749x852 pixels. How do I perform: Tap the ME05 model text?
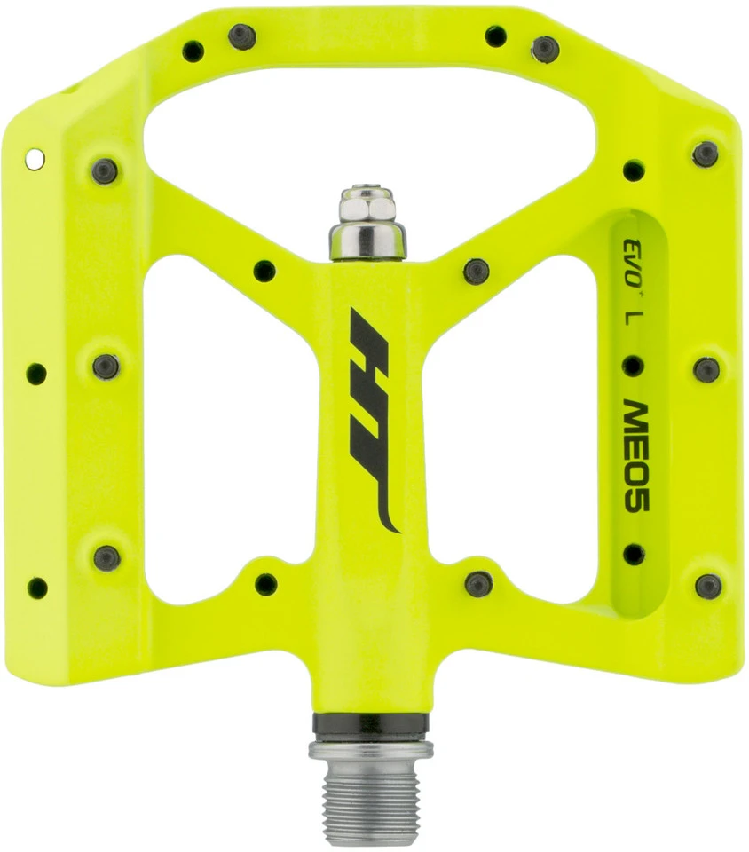635,454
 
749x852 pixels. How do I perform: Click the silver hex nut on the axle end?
369,205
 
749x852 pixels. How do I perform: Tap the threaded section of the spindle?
371,799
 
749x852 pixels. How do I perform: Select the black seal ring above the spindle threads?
371,726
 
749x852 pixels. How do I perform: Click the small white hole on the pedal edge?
35,159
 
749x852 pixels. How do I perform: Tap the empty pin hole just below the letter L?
633,365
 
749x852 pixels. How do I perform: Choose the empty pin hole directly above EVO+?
633,170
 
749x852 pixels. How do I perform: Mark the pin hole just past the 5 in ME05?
633,554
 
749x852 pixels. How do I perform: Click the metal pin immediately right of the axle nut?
476,271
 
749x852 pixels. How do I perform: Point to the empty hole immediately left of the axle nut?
264,271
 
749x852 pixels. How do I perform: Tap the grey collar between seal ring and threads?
371,750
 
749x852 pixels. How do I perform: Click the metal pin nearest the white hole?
105,170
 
